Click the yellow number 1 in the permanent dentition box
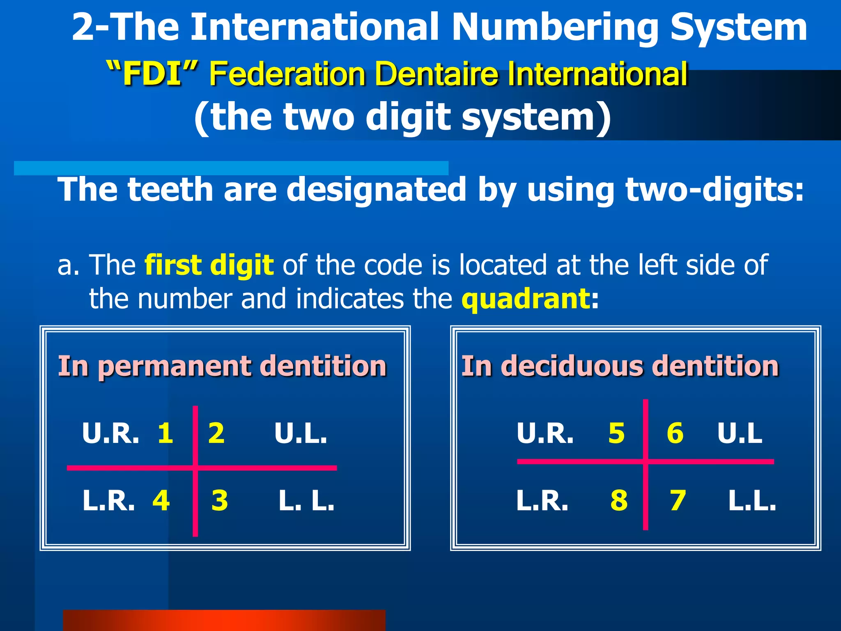click(x=165, y=433)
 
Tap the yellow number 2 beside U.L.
click(x=216, y=433)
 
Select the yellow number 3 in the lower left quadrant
click(x=220, y=500)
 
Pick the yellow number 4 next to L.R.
click(x=161, y=500)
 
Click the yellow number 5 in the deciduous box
click(x=616, y=433)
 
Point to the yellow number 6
click(x=675, y=433)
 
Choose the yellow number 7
click(x=678, y=500)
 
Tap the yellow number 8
click(x=619, y=500)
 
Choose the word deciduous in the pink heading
click(x=572, y=366)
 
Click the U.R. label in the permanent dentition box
click(x=110, y=433)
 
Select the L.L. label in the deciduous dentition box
click(x=752, y=500)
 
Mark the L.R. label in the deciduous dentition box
click(x=542, y=500)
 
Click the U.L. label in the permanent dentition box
click(x=301, y=433)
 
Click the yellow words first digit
click(x=209, y=265)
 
